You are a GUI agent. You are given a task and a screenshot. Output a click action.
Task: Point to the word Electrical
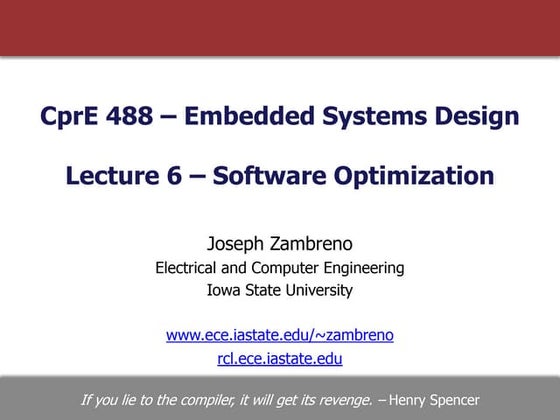(x=192, y=267)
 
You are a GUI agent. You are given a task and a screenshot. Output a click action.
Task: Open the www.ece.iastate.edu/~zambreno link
(x=280, y=335)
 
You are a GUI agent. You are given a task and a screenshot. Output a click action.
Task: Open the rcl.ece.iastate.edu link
(x=280, y=358)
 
